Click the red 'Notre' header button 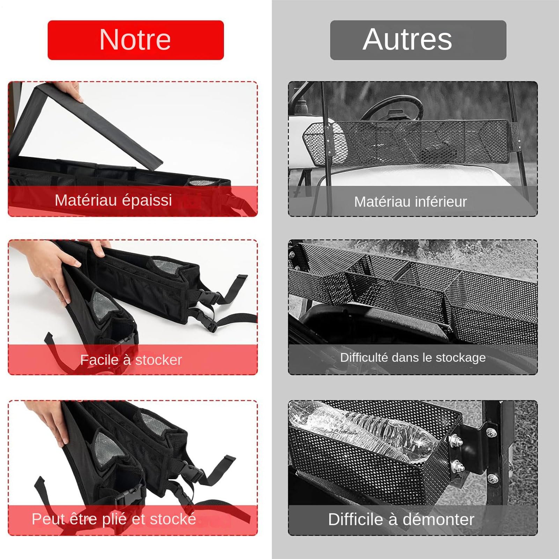point(135,40)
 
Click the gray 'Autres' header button point(418,40)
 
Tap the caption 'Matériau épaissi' point(113,200)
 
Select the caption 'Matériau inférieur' point(410,202)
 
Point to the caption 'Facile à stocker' point(131,360)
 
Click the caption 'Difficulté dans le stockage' point(413,358)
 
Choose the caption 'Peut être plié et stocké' point(114,519)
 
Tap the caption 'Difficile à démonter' point(401,519)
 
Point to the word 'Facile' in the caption point(99,360)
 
